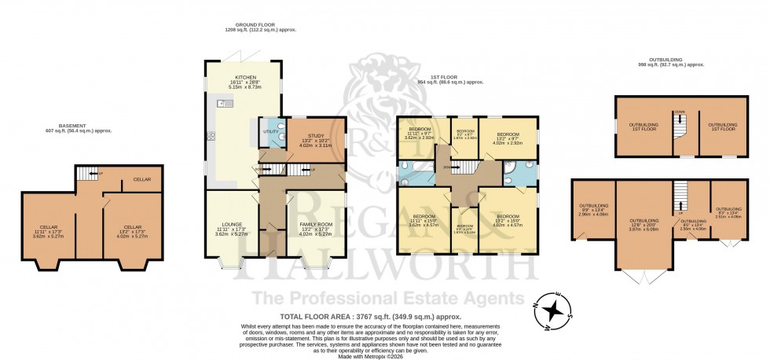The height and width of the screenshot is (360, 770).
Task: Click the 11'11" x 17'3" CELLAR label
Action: (47, 229)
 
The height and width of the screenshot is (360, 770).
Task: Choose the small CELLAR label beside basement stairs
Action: (142, 178)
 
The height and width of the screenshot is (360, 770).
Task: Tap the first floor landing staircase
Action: (469, 167)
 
